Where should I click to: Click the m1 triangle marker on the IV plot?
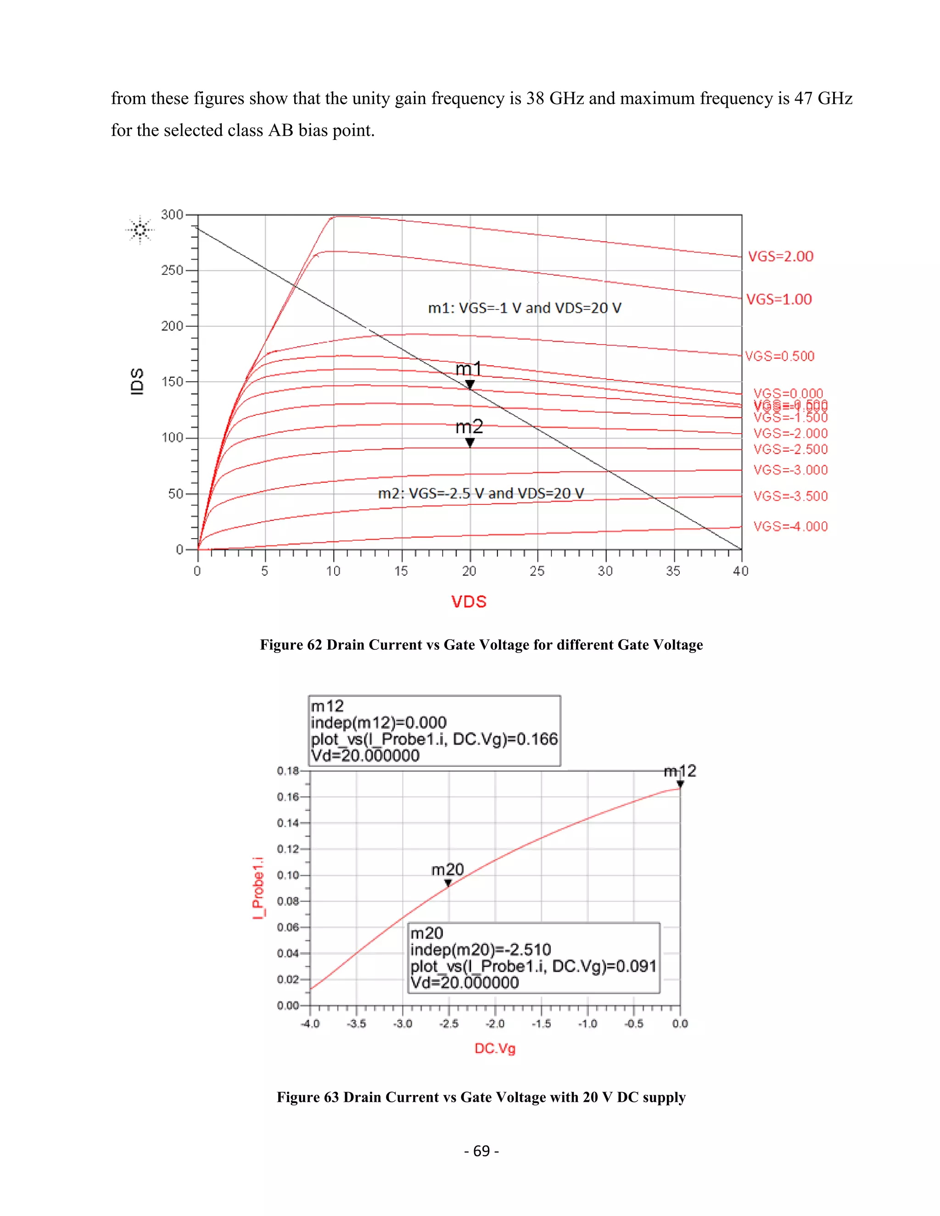pyautogui.click(x=470, y=384)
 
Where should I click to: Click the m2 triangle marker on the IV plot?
pyautogui.click(x=470, y=443)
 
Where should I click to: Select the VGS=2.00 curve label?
pyautogui.click(x=780, y=257)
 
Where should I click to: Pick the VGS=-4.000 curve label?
pyautogui.click(x=790, y=526)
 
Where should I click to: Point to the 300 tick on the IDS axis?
pyautogui.click(x=172, y=215)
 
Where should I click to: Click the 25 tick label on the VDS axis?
pyautogui.click(x=537, y=571)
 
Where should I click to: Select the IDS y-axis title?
pyautogui.click(x=137, y=381)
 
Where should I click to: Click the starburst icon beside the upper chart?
pyautogui.click(x=140, y=229)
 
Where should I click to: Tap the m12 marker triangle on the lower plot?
pyautogui.click(x=680, y=784)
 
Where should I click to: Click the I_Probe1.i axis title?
pyautogui.click(x=258, y=888)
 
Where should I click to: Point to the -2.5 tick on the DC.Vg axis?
pyautogui.click(x=449, y=1023)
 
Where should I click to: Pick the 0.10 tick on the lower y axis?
pyautogui.click(x=288, y=875)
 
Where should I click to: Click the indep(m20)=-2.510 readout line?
pyautogui.click(x=481, y=949)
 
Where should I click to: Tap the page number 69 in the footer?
pyautogui.click(x=481, y=1151)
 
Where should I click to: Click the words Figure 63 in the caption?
pyautogui.click(x=308, y=1097)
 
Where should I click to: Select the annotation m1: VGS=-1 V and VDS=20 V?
pyautogui.click(x=525, y=308)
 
